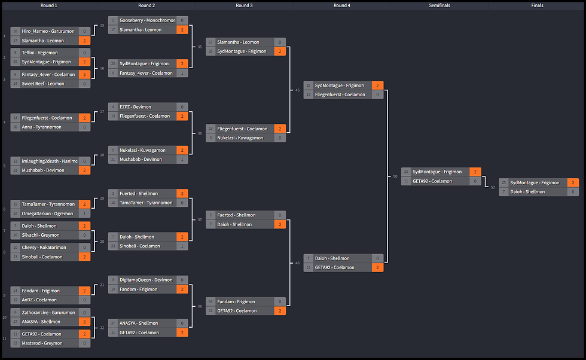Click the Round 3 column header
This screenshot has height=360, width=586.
pyautogui.click(x=243, y=5)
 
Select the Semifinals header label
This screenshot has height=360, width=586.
pyautogui.click(x=439, y=5)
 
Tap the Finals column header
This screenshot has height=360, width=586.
pyautogui.click(x=537, y=5)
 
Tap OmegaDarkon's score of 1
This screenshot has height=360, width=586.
pyautogui.click(x=85, y=213)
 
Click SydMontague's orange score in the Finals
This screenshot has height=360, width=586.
pyautogui.click(x=573, y=182)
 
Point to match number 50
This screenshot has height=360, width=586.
pyautogui.click(x=395, y=176)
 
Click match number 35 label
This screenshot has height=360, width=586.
pyautogui.click(x=200, y=46)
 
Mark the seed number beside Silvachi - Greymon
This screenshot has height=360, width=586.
pyautogui.click(x=16, y=235)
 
